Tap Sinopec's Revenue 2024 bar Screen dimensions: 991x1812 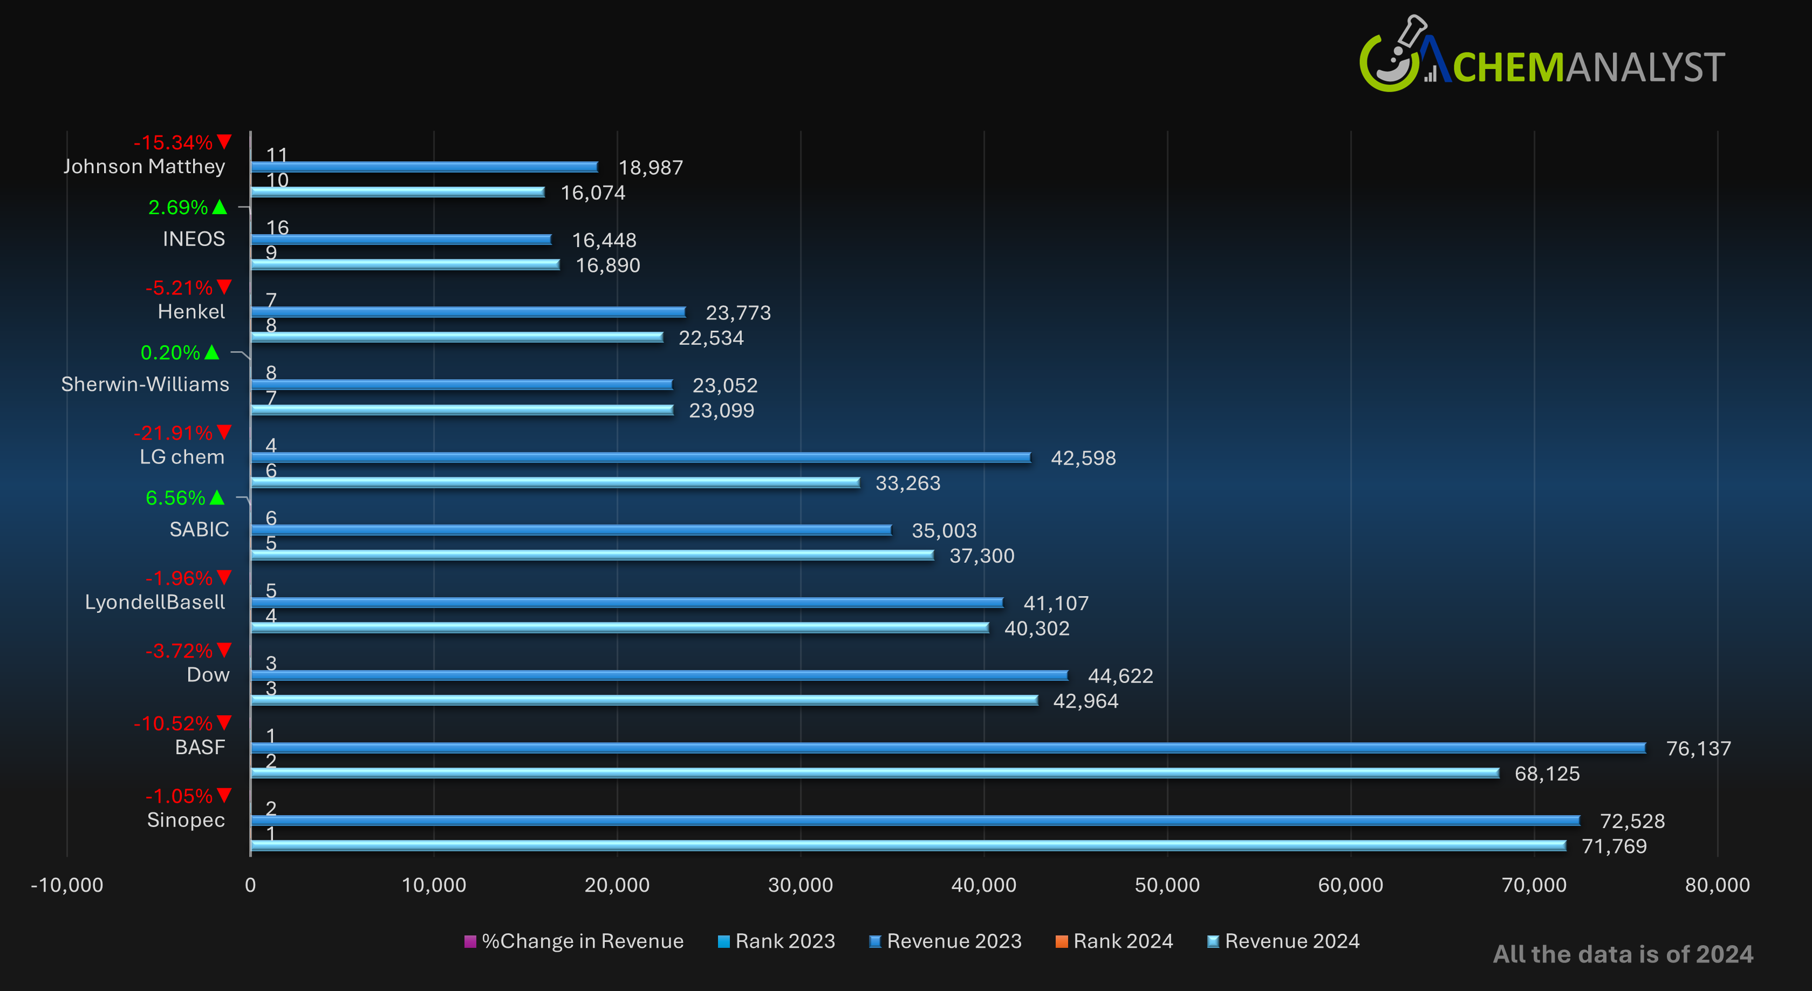click(907, 845)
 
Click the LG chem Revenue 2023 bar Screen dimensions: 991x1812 click(640, 457)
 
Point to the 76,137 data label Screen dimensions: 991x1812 click(1698, 748)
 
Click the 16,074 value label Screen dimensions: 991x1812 click(592, 193)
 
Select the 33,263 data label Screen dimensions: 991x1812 click(907, 483)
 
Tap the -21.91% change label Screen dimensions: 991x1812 click(173, 433)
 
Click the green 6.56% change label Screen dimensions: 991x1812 click(176, 498)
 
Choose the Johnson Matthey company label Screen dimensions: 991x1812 click(144, 167)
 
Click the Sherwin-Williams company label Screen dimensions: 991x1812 click(145, 384)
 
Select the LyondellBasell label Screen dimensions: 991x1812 click(155, 602)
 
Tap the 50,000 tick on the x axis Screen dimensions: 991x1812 click(1167, 885)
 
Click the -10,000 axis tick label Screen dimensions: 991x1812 click(67, 885)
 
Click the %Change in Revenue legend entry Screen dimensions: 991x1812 click(574, 941)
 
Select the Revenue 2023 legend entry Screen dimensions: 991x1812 click(946, 941)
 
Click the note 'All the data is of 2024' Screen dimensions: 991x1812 click(1623, 954)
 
